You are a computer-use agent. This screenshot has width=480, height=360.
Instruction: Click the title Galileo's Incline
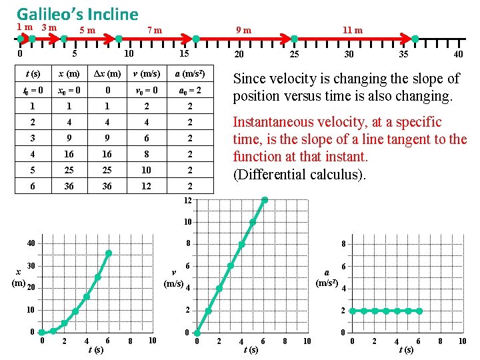pos(77,13)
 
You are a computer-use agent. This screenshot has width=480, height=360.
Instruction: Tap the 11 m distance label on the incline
pos(352,30)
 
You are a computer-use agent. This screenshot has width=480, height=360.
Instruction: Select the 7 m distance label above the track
pos(154,30)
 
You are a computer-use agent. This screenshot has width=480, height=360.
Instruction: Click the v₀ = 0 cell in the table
pos(146,89)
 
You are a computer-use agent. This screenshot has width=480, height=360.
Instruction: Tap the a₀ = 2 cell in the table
pos(189,89)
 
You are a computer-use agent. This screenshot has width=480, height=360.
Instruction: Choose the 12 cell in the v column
pos(146,186)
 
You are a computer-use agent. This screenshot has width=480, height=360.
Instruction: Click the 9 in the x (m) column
pos(69,138)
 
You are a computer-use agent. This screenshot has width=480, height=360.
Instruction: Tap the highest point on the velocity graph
pos(265,199)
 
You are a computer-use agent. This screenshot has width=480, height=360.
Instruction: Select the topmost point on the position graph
pos(109,253)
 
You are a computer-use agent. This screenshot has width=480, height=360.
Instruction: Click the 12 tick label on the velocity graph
pos(189,201)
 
